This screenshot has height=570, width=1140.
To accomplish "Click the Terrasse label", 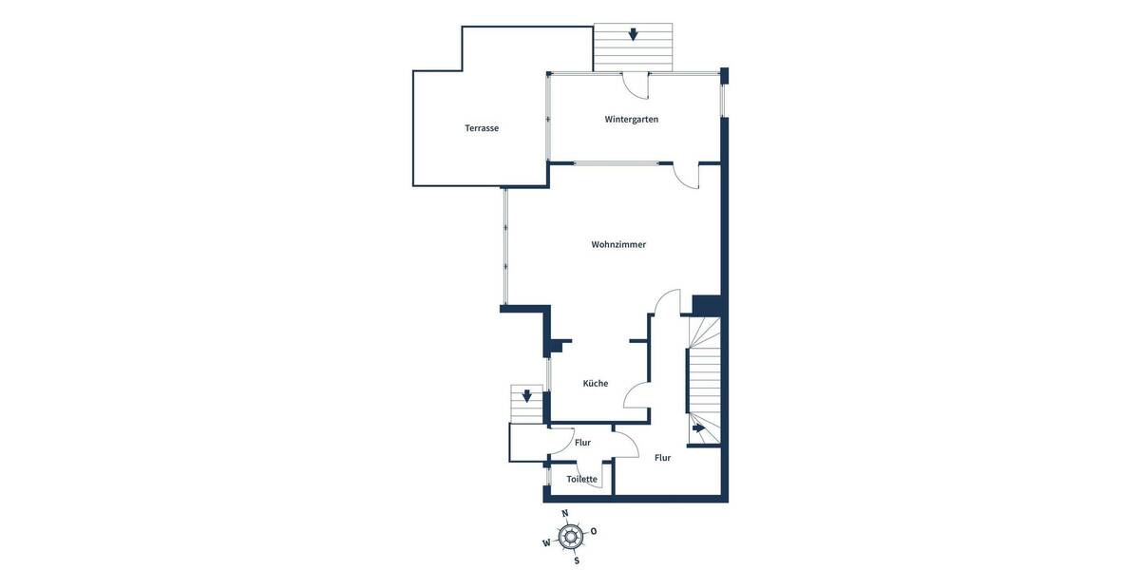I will [x=482, y=128].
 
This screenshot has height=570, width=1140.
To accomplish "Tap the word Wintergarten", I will [x=632, y=120].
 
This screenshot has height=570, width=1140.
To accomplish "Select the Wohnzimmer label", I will [x=618, y=244].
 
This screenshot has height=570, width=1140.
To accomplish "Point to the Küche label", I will [x=596, y=383].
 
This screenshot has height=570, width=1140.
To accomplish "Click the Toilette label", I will [x=582, y=479].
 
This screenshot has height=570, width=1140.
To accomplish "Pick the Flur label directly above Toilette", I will [x=582, y=443].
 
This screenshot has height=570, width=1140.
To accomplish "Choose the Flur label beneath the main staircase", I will [x=662, y=458].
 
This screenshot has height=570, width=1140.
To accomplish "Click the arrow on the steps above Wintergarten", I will [x=633, y=35].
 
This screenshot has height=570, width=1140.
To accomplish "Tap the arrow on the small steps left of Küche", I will [x=527, y=395].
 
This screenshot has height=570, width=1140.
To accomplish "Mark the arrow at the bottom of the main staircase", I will [x=698, y=428].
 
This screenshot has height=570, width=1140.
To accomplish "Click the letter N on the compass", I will [x=565, y=513].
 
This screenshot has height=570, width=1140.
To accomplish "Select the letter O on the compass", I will [x=594, y=531].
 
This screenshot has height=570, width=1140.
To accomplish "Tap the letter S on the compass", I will [x=576, y=560].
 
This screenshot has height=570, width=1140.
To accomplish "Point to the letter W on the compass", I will [x=546, y=543].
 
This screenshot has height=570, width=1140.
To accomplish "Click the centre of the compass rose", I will [x=570, y=537].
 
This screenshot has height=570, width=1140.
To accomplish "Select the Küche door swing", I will [x=637, y=394].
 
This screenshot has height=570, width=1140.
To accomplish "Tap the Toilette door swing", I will [x=589, y=474].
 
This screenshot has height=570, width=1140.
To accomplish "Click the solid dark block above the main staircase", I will [x=708, y=305].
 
